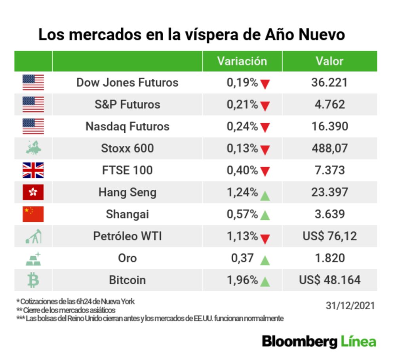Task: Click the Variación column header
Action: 242,61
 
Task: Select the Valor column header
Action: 329,61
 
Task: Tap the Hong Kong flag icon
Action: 33,192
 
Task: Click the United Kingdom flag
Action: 33,170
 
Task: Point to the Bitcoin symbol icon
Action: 33,280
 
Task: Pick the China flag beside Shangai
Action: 33,214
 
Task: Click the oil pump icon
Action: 33,236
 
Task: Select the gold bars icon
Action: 33,258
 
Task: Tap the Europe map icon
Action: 33,149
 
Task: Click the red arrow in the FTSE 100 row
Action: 265,171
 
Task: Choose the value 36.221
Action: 329,82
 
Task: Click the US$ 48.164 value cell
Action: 329,280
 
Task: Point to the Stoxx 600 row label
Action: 127,149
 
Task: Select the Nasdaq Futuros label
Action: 127,126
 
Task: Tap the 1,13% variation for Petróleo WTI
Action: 242,236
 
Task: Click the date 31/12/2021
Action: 350,306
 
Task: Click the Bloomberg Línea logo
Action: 319,341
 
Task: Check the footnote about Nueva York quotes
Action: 75,301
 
